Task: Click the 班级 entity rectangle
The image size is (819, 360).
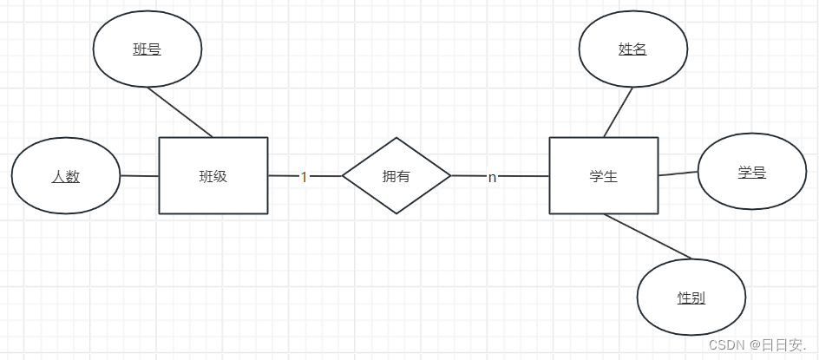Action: pos(213,175)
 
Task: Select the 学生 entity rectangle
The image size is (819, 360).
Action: pos(603,175)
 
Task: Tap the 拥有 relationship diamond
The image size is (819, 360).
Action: pos(396,175)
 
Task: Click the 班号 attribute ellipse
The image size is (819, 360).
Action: pos(147,49)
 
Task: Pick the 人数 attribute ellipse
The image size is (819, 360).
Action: pos(66,176)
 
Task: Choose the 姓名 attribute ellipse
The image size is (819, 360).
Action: pos(632,49)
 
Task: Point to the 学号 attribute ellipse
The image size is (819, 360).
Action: pos(752,172)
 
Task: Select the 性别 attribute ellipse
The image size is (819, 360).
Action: pos(691,298)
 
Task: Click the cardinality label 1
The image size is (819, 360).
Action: pos(304,176)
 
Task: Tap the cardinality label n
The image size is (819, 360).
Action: pos(492,177)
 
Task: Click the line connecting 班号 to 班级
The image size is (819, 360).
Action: pos(180,111)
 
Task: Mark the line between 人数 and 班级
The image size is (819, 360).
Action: pos(139,176)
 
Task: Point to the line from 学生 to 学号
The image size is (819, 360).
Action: pos(678,173)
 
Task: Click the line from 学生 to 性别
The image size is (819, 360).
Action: pos(648,236)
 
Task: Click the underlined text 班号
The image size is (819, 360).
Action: pos(147,49)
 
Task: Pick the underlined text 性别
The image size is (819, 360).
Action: pos(691,298)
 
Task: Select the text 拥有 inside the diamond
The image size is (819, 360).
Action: pos(396,176)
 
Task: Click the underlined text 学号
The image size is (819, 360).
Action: pos(752,173)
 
